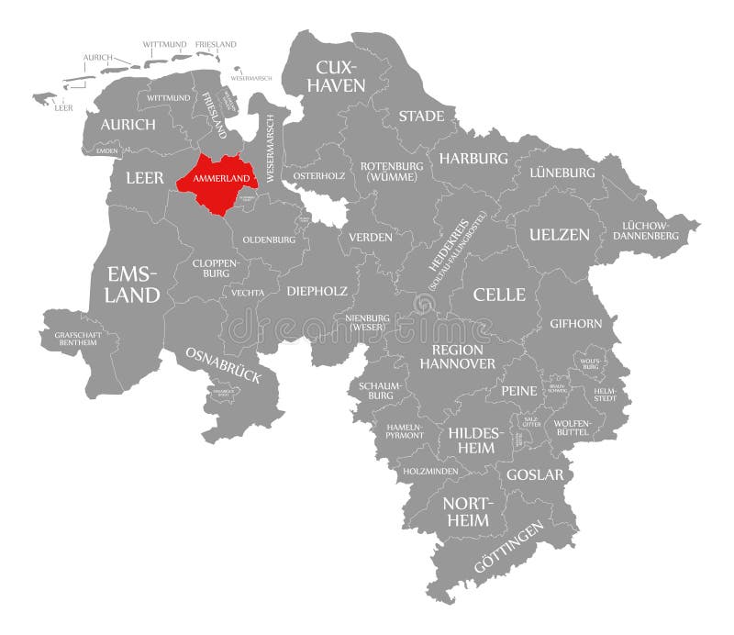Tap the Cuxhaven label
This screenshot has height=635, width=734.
[340, 76]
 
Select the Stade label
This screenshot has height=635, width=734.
[421, 117]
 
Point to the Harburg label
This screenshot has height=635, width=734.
[473, 159]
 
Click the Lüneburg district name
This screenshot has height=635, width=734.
[562, 173]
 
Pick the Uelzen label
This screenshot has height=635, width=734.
[559, 235]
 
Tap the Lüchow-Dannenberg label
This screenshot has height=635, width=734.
[650, 230]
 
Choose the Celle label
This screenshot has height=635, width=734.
[499, 295]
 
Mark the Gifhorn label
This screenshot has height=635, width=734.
[575, 324]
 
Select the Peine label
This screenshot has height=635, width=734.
[518, 391]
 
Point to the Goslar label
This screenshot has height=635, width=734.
[535, 475]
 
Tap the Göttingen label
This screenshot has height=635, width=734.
[508, 548]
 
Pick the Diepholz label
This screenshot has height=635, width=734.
[317, 291]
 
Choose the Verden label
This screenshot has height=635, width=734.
[370, 237]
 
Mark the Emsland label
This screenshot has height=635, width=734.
[133, 284]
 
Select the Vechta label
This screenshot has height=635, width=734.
[249, 293]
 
